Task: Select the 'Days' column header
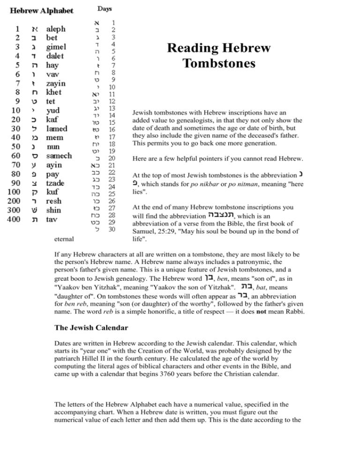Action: (105, 8)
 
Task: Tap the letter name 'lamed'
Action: (58, 128)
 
